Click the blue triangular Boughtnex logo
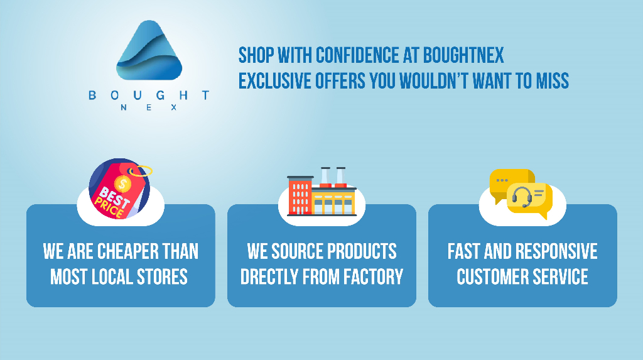point(149,50)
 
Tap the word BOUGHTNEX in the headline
point(463,55)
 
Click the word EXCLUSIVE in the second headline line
point(275,80)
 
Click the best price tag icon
point(120,189)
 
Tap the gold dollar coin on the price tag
point(122,183)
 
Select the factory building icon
point(322,192)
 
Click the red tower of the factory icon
point(300,195)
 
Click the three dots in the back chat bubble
point(502,180)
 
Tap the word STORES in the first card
point(162,277)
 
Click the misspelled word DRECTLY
point(269,277)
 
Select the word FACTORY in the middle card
point(373,277)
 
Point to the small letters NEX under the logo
point(149,107)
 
